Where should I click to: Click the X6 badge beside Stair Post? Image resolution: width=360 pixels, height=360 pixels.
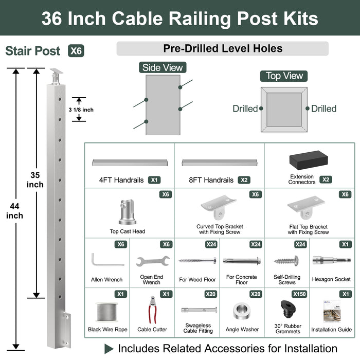pos(76,51)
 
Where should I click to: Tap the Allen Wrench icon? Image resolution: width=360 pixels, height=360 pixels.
pos(106,260)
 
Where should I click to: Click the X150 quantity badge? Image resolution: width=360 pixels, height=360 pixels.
pos(299,294)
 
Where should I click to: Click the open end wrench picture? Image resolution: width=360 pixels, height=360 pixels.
pos(153,261)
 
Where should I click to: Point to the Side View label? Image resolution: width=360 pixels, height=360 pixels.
pos(162,67)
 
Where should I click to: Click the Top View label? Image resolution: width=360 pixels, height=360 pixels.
pos(284,76)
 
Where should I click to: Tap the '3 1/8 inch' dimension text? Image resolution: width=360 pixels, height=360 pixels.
pos(81,110)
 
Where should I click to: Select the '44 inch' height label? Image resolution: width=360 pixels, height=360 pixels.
pos(14,210)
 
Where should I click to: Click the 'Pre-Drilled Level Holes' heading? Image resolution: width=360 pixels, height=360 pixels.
pos(223,49)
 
